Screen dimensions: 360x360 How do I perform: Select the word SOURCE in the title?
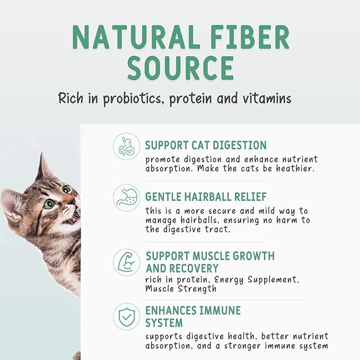tap(181, 68)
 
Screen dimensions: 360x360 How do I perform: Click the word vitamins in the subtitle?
tap(264, 99)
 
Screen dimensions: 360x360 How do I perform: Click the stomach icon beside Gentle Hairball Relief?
tap(127, 198)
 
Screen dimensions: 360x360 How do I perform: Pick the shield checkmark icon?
tap(127, 317)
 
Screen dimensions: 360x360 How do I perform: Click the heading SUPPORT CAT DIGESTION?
tap(206, 145)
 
